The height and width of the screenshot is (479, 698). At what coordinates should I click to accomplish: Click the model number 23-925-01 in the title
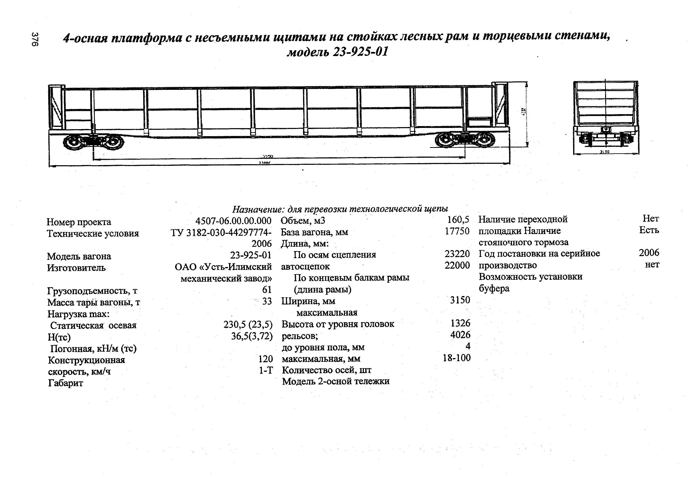(360, 52)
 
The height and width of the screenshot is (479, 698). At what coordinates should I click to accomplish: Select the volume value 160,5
(458, 220)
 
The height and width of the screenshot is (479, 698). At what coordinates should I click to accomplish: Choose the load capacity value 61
(267, 290)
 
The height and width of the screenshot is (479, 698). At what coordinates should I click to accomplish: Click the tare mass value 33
(267, 301)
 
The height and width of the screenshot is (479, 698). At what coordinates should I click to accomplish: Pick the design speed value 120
(266, 359)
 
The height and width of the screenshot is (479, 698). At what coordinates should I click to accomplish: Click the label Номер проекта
(79, 222)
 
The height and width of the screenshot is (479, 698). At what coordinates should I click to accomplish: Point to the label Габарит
(66, 383)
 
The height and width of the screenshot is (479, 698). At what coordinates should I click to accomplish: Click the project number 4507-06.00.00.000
(233, 221)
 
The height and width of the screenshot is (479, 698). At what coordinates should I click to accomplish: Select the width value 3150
(460, 300)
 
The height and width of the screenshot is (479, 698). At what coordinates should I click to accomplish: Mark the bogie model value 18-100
(457, 358)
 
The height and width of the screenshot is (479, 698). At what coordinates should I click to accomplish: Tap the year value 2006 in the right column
(649, 253)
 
